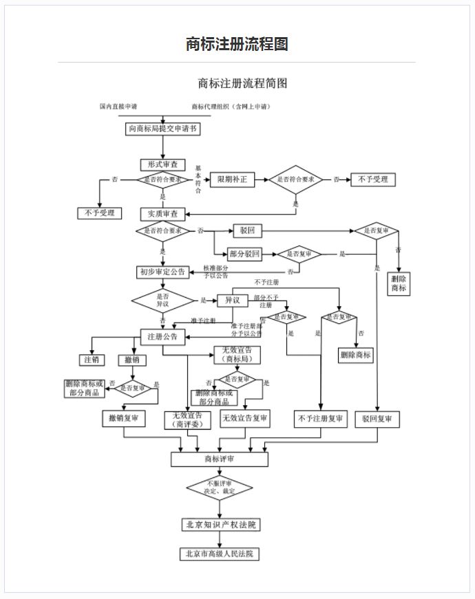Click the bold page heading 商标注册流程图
(x=237, y=44)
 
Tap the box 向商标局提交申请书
(x=163, y=129)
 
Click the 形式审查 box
(x=163, y=165)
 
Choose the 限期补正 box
(x=232, y=180)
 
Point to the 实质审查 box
(x=163, y=215)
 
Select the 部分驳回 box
(x=245, y=254)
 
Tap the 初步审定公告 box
(x=162, y=272)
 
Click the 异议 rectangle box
(x=232, y=301)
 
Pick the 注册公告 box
(x=162, y=337)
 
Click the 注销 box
(x=92, y=360)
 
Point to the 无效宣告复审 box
(x=245, y=417)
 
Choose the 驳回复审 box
(x=377, y=418)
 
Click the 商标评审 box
(x=219, y=459)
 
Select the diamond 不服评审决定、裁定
(x=220, y=488)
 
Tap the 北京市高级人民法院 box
(x=220, y=554)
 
